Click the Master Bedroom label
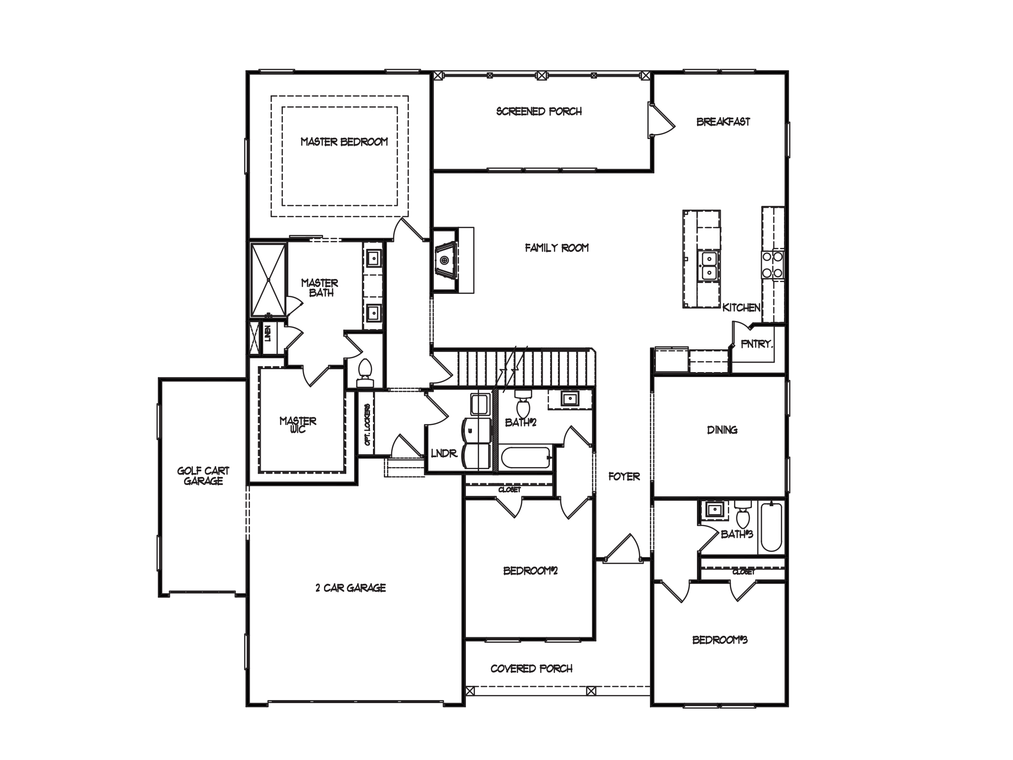pos(344,142)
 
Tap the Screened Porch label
pos(539,111)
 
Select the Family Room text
pos(557,247)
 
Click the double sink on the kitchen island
pos(709,266)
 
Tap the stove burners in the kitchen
pos(772,264)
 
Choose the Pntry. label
pos(756,344)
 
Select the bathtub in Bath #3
pos(771,527)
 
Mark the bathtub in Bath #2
pos(526,459)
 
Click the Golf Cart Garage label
pos(203,476)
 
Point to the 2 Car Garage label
pos(351,588)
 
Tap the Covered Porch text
pos(532,668)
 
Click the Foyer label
pos(624,476)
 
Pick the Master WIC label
pos(298,425)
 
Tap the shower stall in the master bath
pos(268,280)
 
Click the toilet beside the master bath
pos(366,373)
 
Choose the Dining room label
pos(722,430)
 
